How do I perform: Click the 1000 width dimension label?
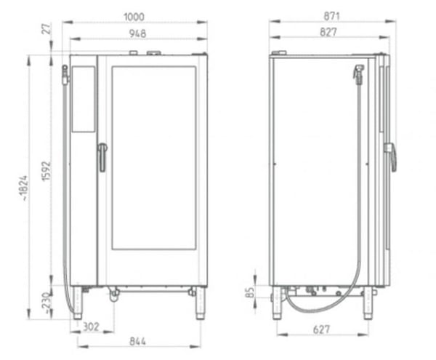click(x=134, y=17)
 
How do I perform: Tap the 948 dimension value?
click(x=137, y=33)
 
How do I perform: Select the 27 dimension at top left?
click(x=47, y=29)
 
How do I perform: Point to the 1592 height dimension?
click(x=47, y=171)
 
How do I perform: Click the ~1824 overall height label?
click(x=24, y=188)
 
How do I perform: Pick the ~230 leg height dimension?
click(x=47, y=303)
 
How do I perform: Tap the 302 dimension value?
click(x=91, y=327)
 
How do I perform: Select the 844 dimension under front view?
click(x=137, y=341)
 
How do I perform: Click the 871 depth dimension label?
click(x=332, y=17)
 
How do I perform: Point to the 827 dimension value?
click(x=328, y=32)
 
